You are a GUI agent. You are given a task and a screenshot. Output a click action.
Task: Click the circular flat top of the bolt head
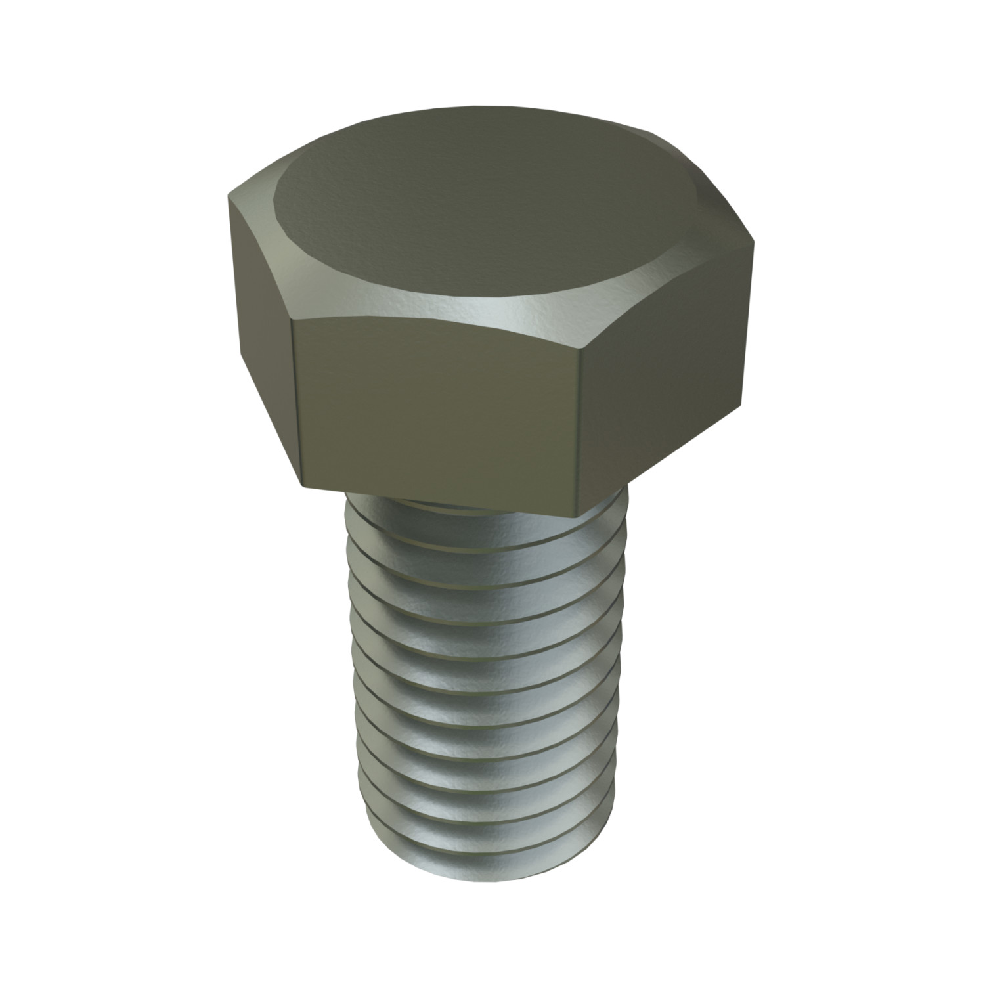pyautogui.click(x=460, y=210)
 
